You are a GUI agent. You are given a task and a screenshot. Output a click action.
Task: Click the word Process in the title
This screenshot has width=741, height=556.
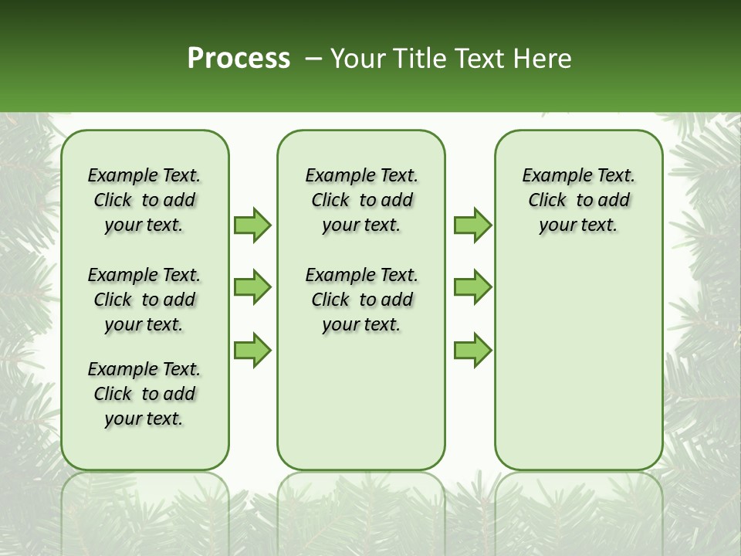click(239, 59)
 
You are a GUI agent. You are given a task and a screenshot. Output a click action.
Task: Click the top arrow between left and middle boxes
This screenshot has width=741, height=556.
click(252, 225)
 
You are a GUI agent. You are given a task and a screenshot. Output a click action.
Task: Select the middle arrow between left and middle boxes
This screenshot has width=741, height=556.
click(252, 288)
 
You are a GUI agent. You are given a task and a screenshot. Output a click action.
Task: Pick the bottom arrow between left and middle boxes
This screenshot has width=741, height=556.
click(252, 351)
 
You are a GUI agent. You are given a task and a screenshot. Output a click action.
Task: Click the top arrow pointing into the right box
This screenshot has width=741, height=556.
click(472, 225)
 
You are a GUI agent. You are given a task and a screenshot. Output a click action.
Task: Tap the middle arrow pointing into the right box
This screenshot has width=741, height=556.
click(472, 288)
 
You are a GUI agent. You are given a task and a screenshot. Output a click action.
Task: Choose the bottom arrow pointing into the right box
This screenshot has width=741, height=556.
click(472, 351)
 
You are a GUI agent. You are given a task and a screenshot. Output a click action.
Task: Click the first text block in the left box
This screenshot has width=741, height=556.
click(144, 200)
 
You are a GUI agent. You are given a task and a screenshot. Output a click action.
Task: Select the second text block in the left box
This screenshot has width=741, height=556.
click(144, 300)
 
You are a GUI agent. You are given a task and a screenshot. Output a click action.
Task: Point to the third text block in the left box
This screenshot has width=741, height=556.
click(144, 394)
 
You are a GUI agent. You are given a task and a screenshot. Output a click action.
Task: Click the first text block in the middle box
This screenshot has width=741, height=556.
click(362, 200)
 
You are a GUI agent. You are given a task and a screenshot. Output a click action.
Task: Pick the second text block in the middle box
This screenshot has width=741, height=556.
click(362, 300)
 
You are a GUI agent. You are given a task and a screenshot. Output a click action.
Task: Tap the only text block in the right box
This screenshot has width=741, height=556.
click(579, 200)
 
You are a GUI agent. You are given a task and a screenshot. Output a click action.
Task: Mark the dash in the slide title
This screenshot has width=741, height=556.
click(313, 59)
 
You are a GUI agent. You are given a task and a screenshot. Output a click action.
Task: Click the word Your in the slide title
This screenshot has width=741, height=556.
click(352, 59)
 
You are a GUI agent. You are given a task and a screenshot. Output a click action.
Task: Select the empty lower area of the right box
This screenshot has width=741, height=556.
click(579, 355)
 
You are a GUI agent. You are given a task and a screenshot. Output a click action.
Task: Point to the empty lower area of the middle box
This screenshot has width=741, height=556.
click(361, 402)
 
